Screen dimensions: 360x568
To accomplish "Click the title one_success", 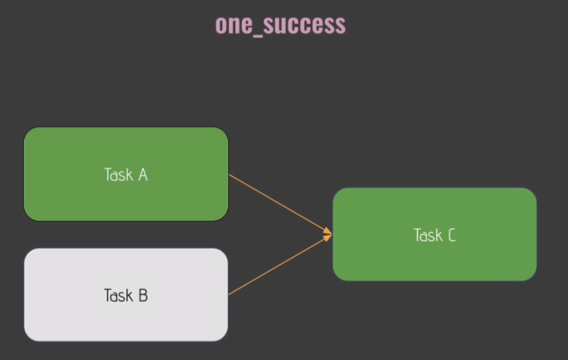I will (280, 25).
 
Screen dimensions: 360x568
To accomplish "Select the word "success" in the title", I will (305, 25).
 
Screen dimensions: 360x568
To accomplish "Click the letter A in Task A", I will (142, 174).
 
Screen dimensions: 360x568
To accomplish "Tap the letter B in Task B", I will (142, 295).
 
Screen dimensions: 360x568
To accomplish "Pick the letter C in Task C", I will (451, 234).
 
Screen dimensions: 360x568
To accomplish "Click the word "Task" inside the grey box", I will (118, 295).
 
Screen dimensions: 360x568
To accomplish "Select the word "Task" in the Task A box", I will (118, 174).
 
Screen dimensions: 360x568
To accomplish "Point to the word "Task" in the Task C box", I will (427, 234).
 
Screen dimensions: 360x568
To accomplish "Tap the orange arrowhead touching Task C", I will (327, 234).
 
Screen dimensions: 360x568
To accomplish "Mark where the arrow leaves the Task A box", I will (230, 174).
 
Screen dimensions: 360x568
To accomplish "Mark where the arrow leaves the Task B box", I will (229, 294).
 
